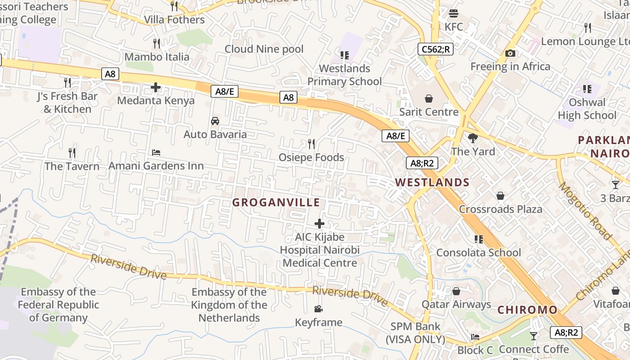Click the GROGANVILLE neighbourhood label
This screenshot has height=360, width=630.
pyautogui.click(x=276, y=202)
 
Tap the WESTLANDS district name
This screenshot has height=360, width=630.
pyautogui.click(x=432, y=182)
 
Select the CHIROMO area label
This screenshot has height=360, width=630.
pyautogui.click(x=527, y=310)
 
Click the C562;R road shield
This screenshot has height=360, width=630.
pyautogui.click(x=435, y=49)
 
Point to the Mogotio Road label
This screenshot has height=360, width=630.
pyautogui.click(x=585, y=211)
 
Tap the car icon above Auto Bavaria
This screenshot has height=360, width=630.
pyautogui.click(x=215, y=121)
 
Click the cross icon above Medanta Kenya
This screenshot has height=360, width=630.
pyautogui.click(x=156, y=87)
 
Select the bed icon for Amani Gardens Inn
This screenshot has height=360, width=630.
pyautogui.click(x=156, y=153)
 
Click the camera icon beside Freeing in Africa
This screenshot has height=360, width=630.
pyautogui.click(x=510, y=54)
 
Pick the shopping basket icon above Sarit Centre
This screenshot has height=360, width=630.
pyautogui.click(x=429, y=99)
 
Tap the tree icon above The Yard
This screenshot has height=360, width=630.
pyautogui.click(x=472, y=138)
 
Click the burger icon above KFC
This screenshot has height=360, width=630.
pyautogui.click(x=453, y=13)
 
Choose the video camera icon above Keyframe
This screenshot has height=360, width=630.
pyautogui.click(x=318, y=309)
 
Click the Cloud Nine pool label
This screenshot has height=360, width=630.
pyautogui.click(x=264, y=49)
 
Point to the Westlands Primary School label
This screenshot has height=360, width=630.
pyautogui.click(x=345, y=75)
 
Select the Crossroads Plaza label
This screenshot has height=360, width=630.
pyautogui.click(x=500, y=209)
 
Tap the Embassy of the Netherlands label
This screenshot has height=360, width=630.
pyautogui.click(x=229, y=305)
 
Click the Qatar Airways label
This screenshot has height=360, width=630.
pyautogui.click(x=456, y=305)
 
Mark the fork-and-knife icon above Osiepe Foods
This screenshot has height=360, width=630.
pyautogui.click(x=311, y=144)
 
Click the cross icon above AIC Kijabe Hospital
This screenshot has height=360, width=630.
pyautogui.click(x=319, y=224)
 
